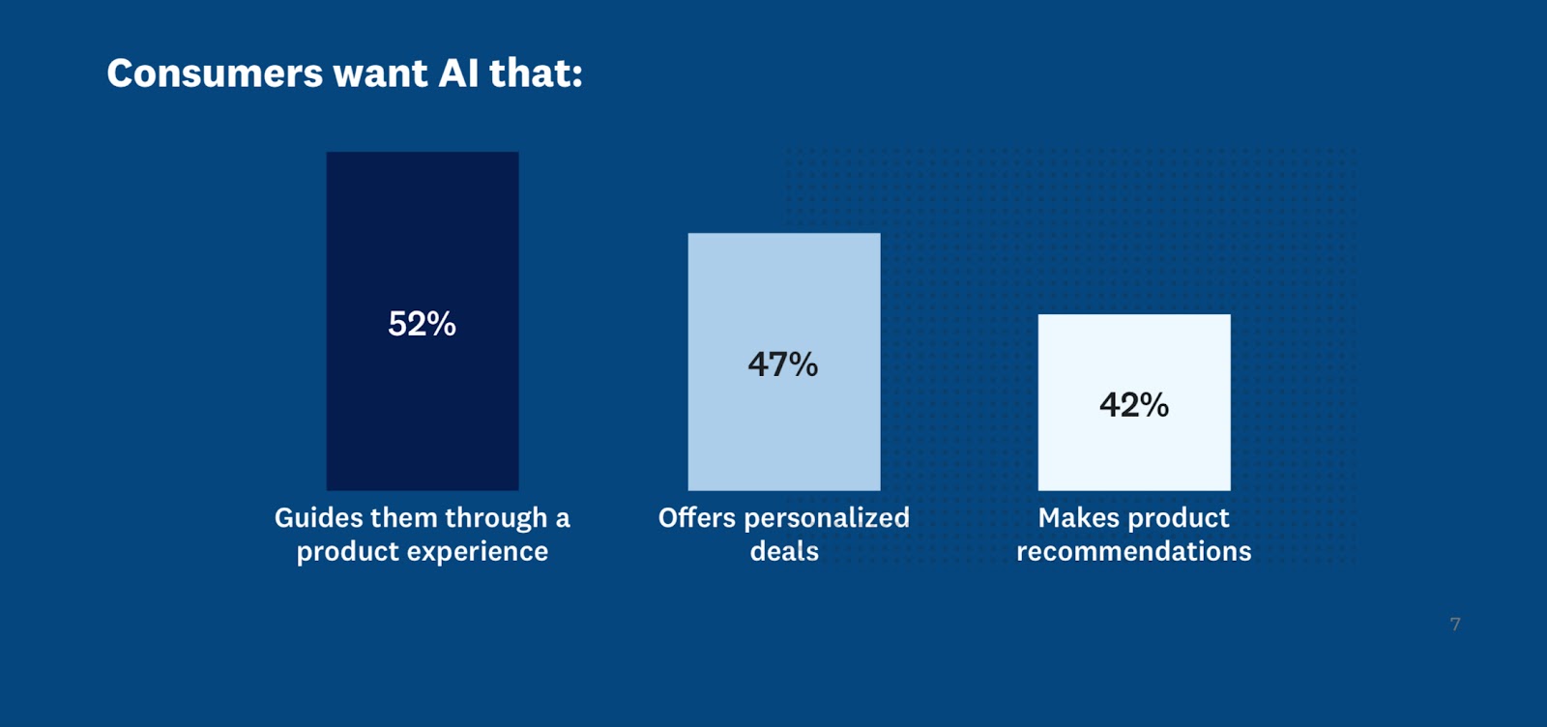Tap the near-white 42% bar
coord(1134,454)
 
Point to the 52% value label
coord(422,324)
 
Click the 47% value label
coord(783,364)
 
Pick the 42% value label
coord(1134,405)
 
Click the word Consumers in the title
coord(215,73)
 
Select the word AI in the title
coord(458,73)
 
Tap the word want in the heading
coord(380,73)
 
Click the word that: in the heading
coord(536,73)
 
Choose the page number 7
coord(1455,625)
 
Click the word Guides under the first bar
coord(316,518)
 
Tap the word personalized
coord(827,518)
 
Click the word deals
coord(784,551)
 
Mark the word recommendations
coord(1134,551)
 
